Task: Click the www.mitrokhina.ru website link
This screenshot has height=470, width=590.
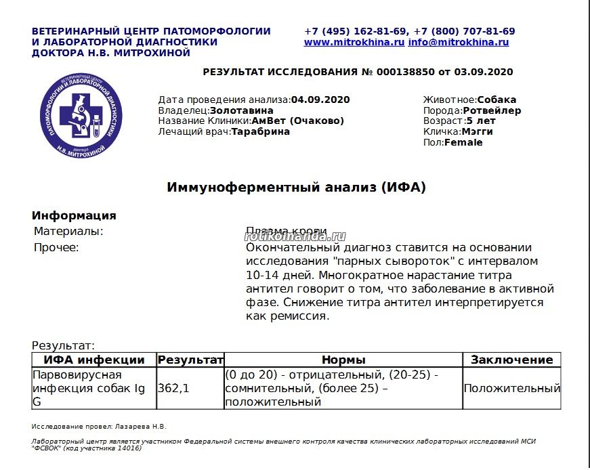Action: [x=354, y=42]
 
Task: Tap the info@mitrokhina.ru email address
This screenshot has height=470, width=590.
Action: [x=458, y=42]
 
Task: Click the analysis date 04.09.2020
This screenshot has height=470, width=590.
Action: [x=320, y=100]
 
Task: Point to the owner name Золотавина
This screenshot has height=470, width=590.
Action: [x=242, y=110]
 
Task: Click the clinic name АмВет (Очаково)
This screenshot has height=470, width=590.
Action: [x=298, y=121]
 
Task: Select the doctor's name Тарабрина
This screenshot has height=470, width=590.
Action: [x=261, y=132]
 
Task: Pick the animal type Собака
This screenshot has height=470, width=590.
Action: [x=497, y=100]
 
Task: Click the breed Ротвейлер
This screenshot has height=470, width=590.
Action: [x=492, y=110]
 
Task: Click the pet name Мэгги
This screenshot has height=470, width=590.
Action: [x=477, y=132]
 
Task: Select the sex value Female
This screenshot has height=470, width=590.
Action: [x=463, y=143]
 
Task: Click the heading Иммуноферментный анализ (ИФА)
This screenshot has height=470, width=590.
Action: [x=296, y=188]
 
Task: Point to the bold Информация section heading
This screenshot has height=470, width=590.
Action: [x=74, y=216]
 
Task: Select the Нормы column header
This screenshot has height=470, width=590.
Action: [x=343, y=360]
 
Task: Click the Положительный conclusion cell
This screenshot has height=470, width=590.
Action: [x=511, y=389]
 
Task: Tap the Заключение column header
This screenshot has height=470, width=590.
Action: [x=511, y=360]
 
